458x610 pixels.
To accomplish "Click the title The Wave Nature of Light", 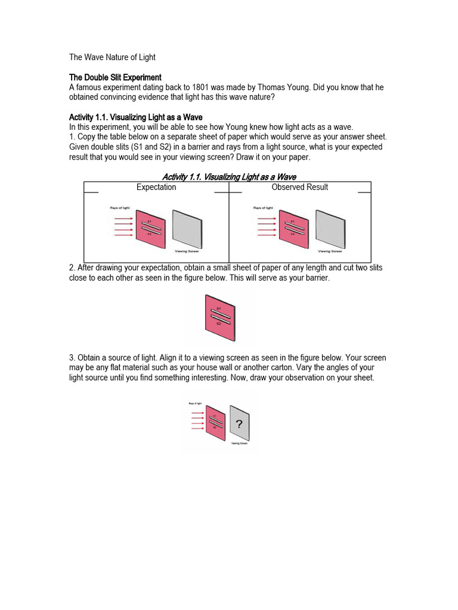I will click(x=112, y=57).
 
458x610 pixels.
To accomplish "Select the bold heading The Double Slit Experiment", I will click(x=115, y=77).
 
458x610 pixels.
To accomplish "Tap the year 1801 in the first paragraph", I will click(x=230, y=88).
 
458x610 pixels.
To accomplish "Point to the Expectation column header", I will click(x=156, y=187).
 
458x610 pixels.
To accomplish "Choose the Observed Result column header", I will click(x=299, y=187).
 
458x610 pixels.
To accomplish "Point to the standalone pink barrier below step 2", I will click(x=219, y=316).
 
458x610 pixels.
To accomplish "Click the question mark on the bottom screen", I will click(x=239, y=424).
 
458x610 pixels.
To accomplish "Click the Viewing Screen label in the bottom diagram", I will click(x=239, y=444).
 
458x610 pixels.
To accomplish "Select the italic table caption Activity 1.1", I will click(x=229, y=176).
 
